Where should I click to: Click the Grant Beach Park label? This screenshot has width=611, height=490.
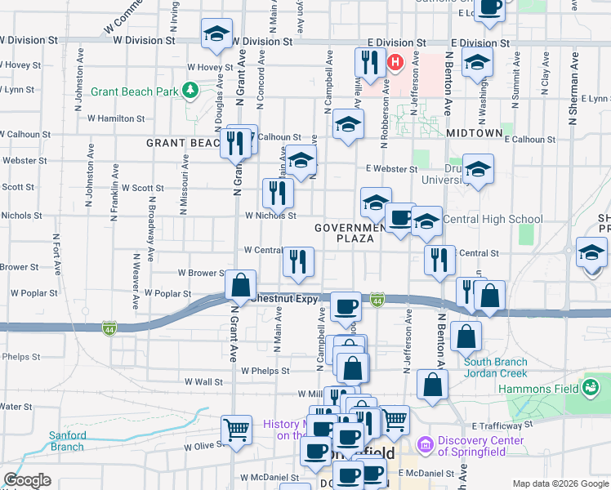134,91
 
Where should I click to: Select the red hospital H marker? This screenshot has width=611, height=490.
396,62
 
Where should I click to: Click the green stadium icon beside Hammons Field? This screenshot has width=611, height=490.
591,385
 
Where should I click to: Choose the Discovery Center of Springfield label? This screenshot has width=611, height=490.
481,448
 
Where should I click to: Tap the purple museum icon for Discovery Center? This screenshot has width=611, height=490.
424,446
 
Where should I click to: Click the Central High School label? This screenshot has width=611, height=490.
493,219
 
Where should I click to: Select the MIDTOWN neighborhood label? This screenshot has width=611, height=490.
475,132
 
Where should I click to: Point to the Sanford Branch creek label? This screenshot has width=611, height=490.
66,441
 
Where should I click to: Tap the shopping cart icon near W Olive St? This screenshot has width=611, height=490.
237,428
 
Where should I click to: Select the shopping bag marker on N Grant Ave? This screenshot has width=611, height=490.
240,286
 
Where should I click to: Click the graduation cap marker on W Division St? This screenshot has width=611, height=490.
216,34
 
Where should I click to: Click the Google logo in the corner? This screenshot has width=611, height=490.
27,480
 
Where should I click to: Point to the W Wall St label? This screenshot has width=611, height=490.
203,381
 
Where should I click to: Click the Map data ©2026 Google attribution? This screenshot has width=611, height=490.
560,483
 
